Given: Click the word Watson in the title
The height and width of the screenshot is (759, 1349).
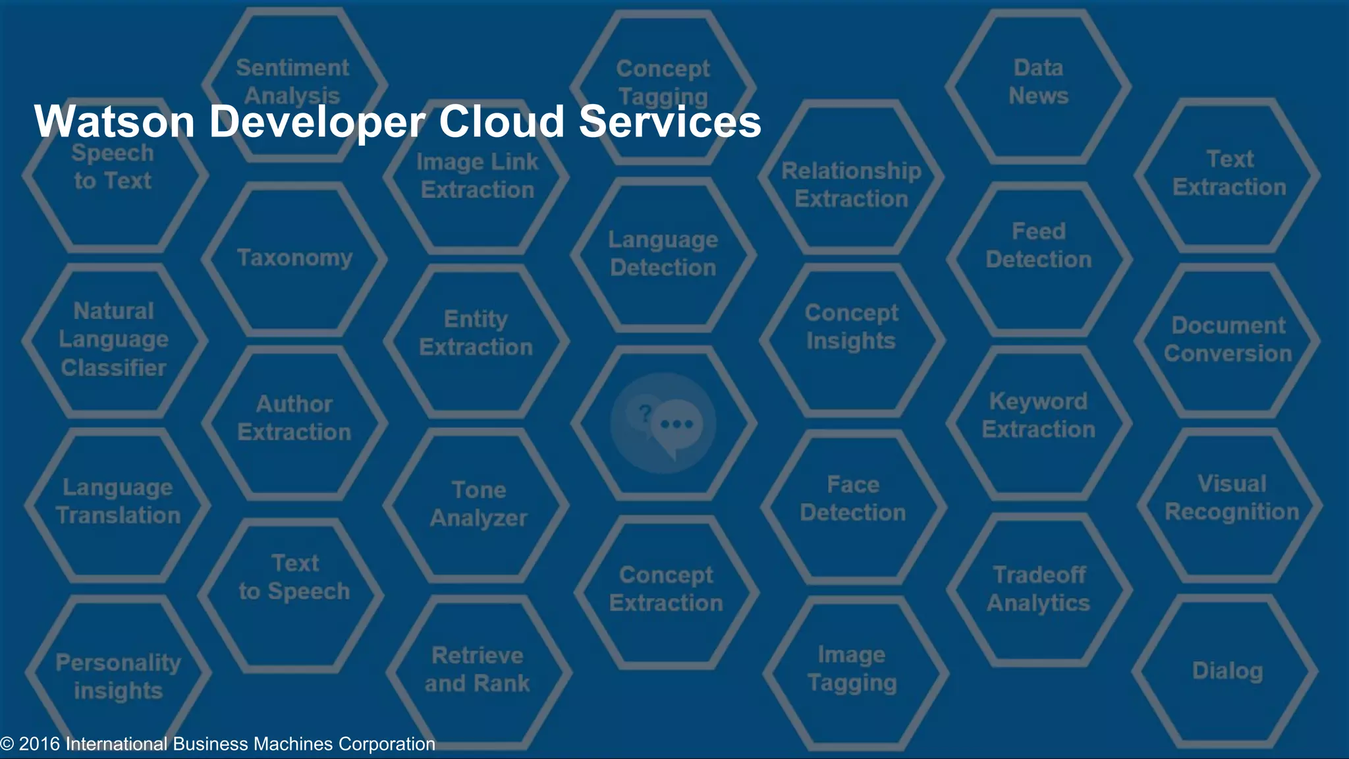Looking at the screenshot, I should tap(114, 122).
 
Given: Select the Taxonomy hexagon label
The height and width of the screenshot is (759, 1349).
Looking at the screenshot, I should tap(294, 258).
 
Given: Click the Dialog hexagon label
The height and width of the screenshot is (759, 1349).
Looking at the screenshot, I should tap(1227, 671).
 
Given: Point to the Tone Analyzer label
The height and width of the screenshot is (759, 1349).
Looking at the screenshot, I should tap(479, 504).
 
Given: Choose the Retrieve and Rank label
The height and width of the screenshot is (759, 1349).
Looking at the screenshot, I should tap(477, 669).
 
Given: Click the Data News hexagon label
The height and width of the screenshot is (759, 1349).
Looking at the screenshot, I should tap(1038, 82).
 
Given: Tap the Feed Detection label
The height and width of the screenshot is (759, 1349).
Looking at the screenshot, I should tap(1038, 245).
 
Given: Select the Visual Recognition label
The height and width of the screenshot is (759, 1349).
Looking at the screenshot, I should tap(1231, 497).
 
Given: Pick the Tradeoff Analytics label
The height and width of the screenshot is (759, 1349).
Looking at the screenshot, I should tap(1038, 589).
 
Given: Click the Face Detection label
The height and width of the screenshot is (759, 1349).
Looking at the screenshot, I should tap(852, 499).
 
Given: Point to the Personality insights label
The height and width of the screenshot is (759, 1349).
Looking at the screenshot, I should tap(118, 677).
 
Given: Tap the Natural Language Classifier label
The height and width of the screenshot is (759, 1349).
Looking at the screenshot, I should tap(113, 339).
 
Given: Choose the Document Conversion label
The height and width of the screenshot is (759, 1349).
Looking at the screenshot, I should tap(1228, 339).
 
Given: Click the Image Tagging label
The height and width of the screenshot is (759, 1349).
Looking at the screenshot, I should tap(852, 669).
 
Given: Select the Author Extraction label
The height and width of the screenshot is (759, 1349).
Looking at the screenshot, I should tap(294, 418).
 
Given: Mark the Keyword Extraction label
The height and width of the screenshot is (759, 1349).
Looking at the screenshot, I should tap(1038, 415).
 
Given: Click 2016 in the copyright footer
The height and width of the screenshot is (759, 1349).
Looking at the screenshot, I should tap(39, 744).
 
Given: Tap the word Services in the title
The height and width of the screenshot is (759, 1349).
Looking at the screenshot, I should tap(670, 122).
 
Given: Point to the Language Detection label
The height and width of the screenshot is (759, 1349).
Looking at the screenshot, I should tap(663, 254).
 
